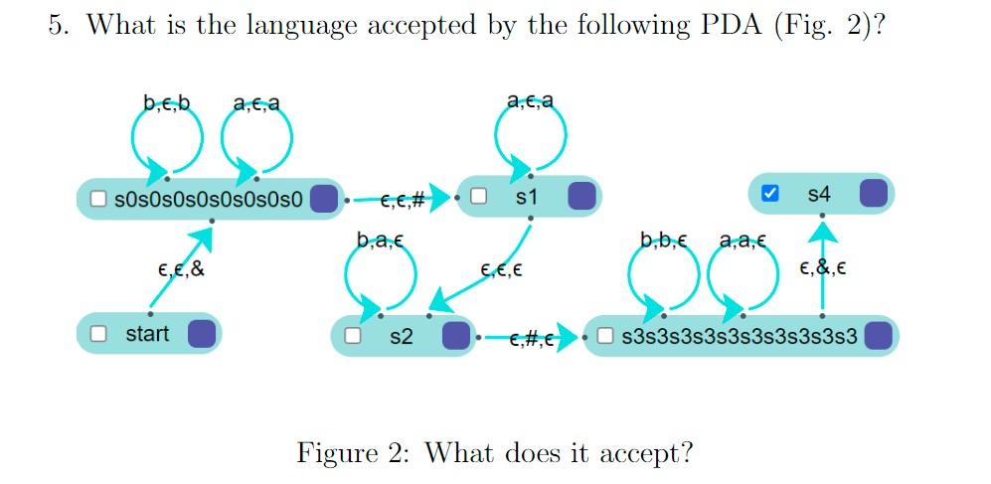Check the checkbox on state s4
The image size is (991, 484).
[769, 194]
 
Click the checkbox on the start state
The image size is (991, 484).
[98, 334]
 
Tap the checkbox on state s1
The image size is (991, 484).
[478, 197]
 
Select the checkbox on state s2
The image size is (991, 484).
[352, 336]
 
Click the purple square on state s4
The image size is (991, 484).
[873, 194]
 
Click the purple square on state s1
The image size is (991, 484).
[581, 197]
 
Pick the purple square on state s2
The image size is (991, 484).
[455, 336]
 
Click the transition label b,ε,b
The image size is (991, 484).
[166, 101]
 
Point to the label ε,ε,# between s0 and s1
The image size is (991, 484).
[403, 201]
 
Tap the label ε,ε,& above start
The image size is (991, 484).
[181, 268]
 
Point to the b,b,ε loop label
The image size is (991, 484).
[663, 240]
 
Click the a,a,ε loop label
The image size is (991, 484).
[742, 240]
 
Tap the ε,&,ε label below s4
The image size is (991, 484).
[822, 268]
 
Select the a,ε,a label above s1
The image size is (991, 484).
[530, 100]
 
